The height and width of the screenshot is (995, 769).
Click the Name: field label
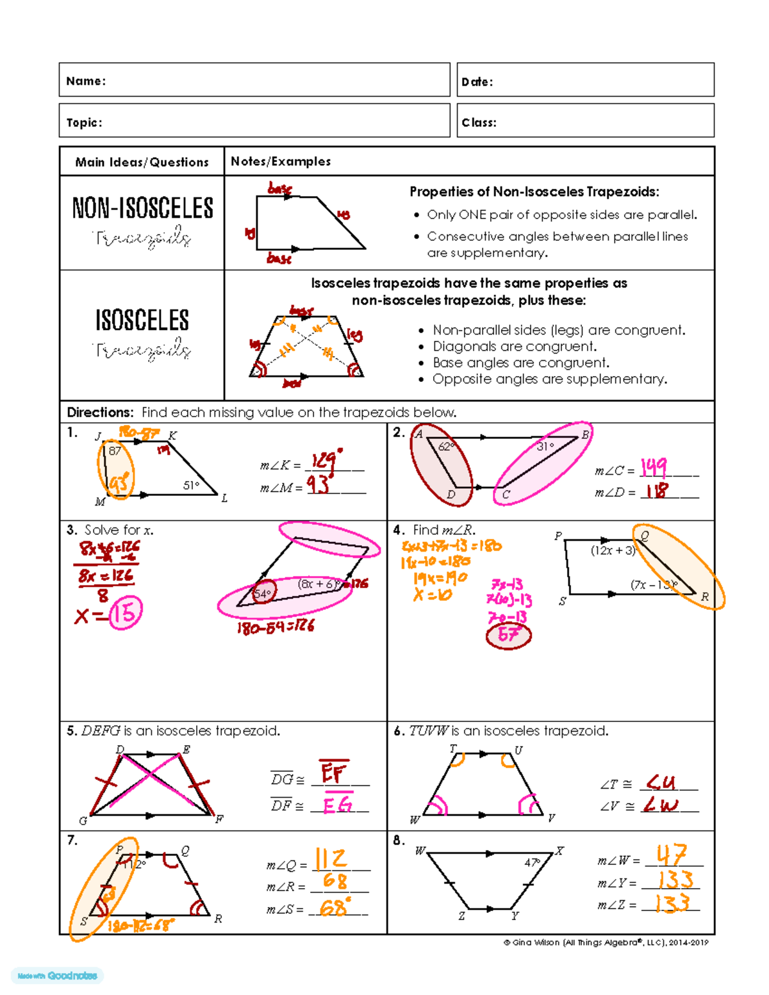coord(86,81)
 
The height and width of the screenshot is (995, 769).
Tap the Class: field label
coord(479,122)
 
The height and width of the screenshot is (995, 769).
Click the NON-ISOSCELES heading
coord(142,208)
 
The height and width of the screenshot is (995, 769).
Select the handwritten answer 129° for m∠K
coord(327,461)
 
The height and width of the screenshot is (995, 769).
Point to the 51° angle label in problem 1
coord(191,486)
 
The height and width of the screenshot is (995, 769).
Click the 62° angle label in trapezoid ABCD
coord(446,447)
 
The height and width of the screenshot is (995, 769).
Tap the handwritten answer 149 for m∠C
coord(654,468)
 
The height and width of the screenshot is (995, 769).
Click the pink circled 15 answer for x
coord(125,613)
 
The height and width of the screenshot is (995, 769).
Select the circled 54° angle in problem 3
coord(263,593)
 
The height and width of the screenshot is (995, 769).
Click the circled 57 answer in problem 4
coord(508,635)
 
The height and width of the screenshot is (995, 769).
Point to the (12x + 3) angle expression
coord(612,550)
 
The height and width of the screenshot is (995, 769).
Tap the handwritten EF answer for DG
coord(333,773)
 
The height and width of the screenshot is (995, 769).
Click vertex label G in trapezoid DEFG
coord(83,821)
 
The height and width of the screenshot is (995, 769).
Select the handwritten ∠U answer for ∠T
coord(661,782)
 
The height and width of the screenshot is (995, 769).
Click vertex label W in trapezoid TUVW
coord(415,820)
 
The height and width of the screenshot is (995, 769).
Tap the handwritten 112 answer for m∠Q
coord(331,859)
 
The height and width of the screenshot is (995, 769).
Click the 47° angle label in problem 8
coord(532,863)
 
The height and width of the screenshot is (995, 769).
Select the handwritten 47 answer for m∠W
coord(671,855)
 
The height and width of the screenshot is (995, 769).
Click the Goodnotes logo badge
coord(58,976)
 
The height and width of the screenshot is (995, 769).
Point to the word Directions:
coord(100,412)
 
